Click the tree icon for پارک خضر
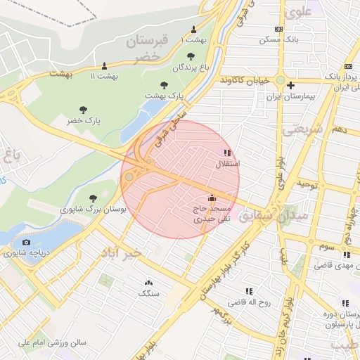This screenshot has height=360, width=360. click(84, 110)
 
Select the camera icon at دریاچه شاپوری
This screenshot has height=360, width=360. click(27, 243)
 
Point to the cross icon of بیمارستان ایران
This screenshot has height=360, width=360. click(300, 84)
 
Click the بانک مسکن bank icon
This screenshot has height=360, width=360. click(279, 29)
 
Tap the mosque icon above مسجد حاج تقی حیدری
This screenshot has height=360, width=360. click(212, 199)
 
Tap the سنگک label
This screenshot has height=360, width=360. click(148, 292)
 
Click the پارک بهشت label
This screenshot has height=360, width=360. click(164, 94)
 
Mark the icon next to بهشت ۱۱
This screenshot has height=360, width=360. click(105, 65)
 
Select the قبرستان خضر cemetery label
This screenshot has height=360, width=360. click(148, 49)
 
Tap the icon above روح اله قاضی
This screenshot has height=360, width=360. click(248, 290)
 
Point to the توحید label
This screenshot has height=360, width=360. click(307, 184)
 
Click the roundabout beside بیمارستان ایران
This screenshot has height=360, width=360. click(280, 80)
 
